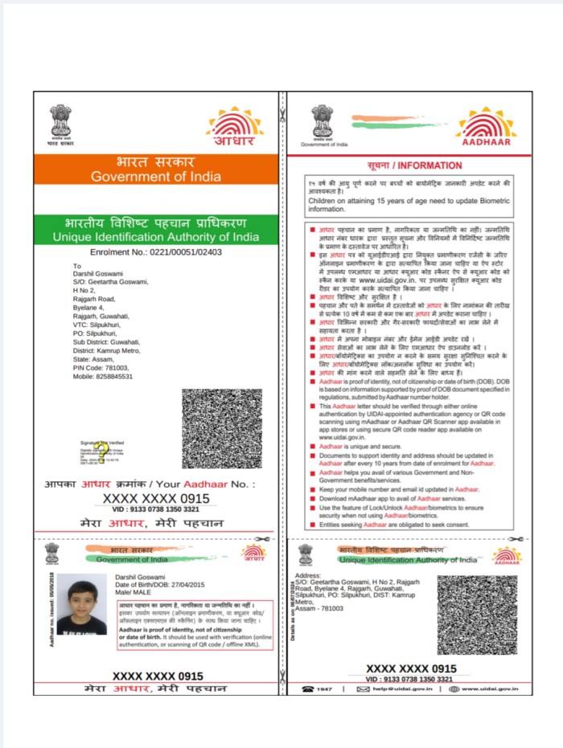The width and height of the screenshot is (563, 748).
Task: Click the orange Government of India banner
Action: tap(156, 170)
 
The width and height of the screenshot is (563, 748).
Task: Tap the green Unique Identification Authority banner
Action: tap(156, 229)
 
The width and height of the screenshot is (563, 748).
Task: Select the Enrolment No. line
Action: tap(156, 251)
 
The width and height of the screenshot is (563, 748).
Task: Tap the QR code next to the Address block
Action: tap(476, 615)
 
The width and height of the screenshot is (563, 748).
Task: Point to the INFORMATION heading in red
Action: tap(414, 166)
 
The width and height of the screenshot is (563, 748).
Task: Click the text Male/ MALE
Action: tap(128, 592)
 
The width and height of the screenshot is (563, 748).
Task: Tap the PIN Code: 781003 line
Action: tap(101, 367)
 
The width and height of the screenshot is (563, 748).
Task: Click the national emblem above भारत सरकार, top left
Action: tap(61, 122)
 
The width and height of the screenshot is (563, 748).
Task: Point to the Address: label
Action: tap(309, 576)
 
